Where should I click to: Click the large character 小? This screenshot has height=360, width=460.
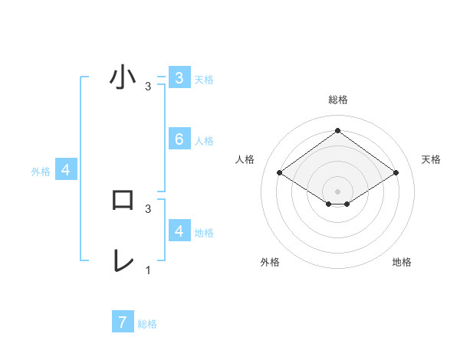pyautogui.click(x=123, y=78)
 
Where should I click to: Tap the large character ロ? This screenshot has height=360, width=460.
pyautogui.click(x=123, y=200)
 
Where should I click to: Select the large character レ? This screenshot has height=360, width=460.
pyautogui.click(x=123, y=260)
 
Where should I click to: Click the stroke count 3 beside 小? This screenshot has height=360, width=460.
pyautogui.click(x=148, y=87)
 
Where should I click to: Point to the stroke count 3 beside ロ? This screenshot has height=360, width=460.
pyautogui.click(x=148, y=208)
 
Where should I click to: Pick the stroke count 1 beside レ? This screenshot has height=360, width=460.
pyautogui.click(x=148, y=270)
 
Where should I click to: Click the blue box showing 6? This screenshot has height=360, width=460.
pyautogui.click(x=179, y=139)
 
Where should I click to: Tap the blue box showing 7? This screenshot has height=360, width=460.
pyautogui.click(x=123, y=322)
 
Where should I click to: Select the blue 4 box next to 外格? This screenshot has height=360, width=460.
pyautogui.click(x=66, y=170)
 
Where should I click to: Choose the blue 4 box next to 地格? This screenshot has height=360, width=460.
pyautogui.click(x=179, y=231)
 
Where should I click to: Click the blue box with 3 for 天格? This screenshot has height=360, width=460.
pyautogui.click(x=179, y=77)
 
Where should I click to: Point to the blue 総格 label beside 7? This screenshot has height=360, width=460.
pyautogui.click(x=147, y=324)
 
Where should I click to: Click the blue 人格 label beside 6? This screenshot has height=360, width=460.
pyautogui.click(x=204, y=141)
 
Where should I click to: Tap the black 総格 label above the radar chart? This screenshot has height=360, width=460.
pyautogui.click(x=337, y=100)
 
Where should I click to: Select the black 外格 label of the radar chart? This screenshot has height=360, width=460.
pyautogui.click(x=270, y=262)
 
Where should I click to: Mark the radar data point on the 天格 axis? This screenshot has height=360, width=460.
pyautogui.click(x=396, y=173)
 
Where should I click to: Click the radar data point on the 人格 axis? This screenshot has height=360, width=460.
pyautogui.click(x=280, y=173)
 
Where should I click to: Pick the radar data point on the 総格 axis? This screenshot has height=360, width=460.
pyautogui.click(x=337, y=130)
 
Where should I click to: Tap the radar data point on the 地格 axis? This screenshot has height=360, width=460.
pyautogui.click(x=347, y=204)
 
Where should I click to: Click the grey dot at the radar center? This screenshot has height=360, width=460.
pyautogui.click(x=337, y=191)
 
